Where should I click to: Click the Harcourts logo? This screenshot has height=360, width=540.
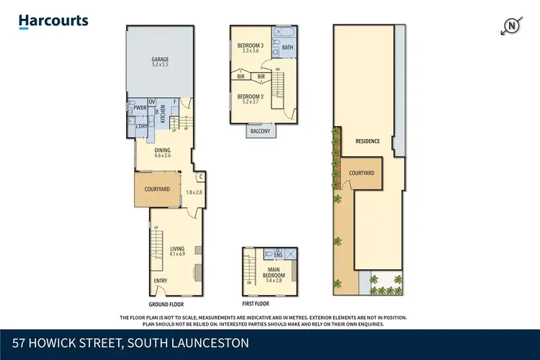pyautogui.click(x=53, y=22)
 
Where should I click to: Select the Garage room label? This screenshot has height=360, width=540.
pyautogui.click(x=159, y=61)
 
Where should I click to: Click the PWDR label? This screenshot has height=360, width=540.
pyautogui.click(x=140, y=109)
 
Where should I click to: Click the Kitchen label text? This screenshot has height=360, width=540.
pyautogui.click(x=163, y=113)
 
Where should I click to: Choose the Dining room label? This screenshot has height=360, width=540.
pyautogui.click(x=163, y=152)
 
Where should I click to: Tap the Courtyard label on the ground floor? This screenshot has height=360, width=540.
pyautogui.click(x=156, y=189)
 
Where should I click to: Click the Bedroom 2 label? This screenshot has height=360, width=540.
pyautogui.click(x=251, y=99)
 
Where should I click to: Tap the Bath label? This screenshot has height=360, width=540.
pyautogui.click(x=287, y=48)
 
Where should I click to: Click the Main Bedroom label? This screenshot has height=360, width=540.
pyautogui.click(x=274, y=274)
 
